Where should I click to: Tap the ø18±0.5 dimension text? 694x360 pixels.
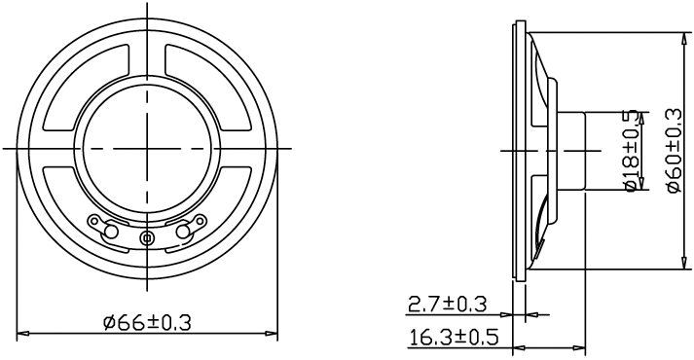(x=631, y=150)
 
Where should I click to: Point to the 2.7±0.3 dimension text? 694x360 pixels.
(x=446, y=304)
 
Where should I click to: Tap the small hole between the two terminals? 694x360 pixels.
(x=147, y=238)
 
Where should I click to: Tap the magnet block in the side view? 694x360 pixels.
(x=571, y=150)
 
